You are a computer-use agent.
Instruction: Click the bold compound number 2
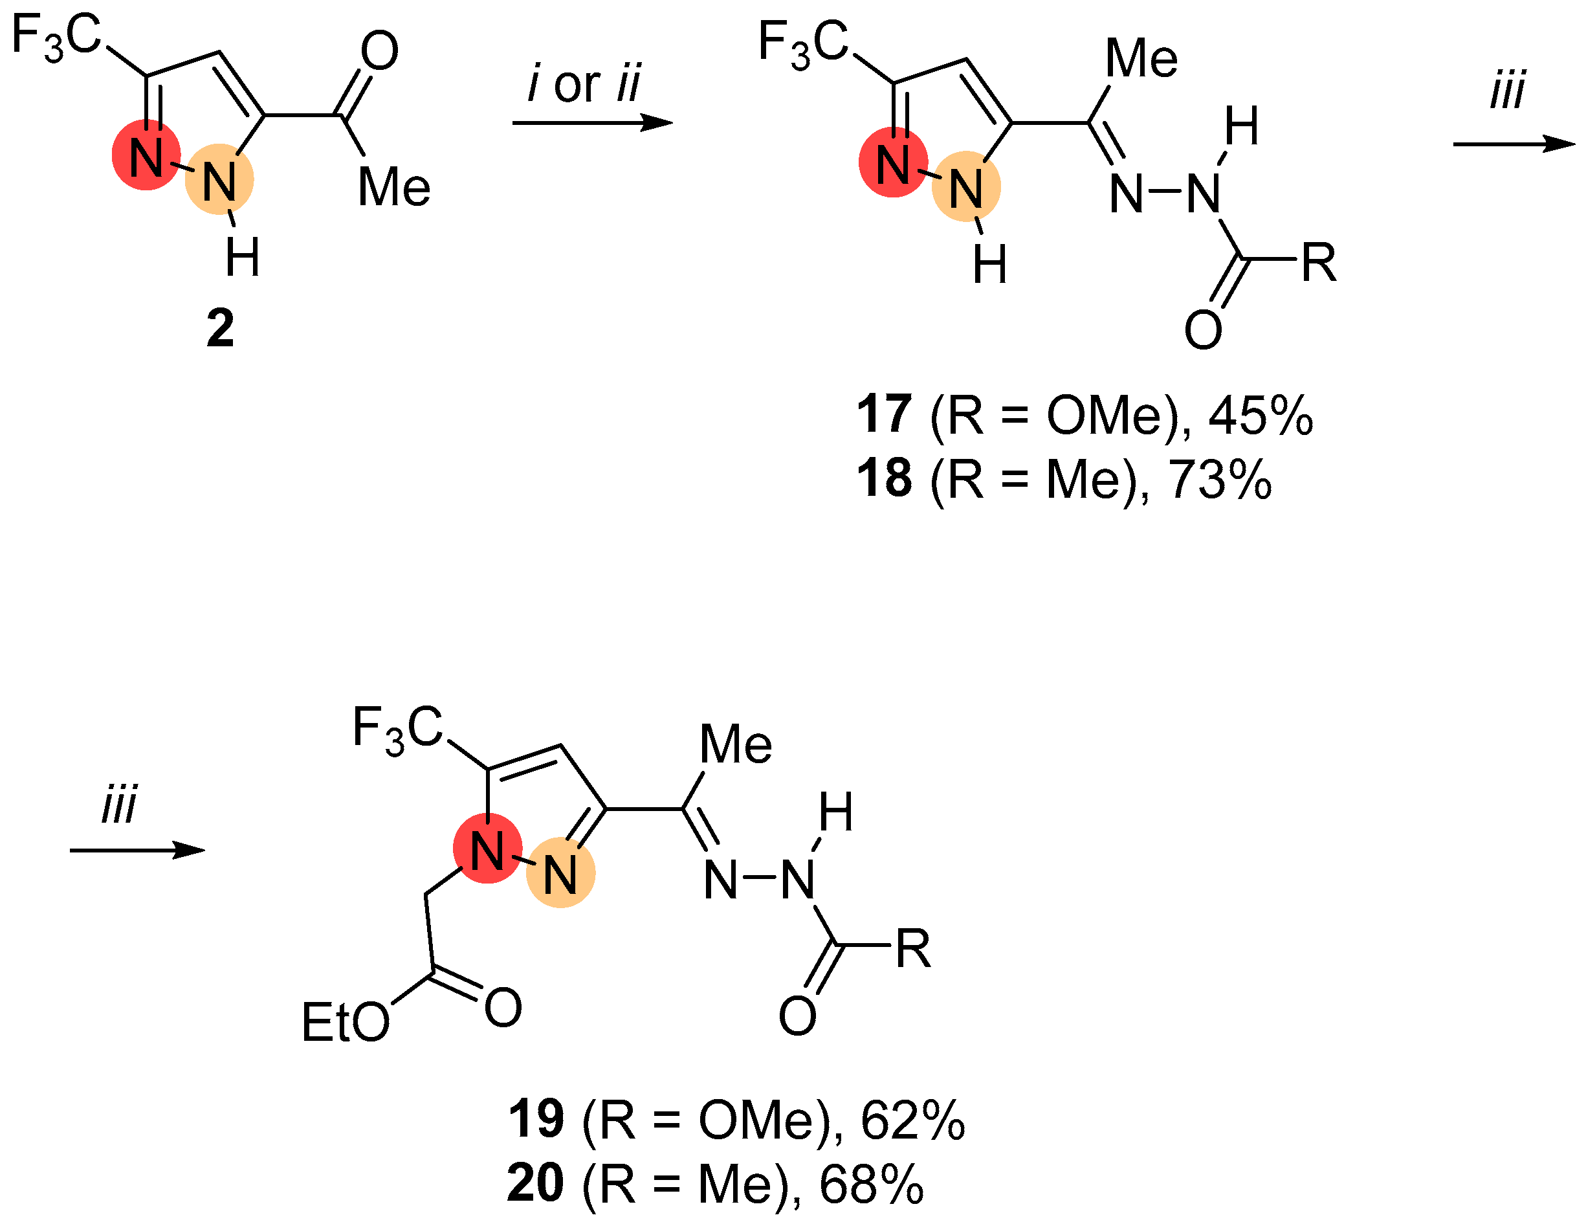click(220, 328)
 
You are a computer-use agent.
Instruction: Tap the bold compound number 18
click(884, 479)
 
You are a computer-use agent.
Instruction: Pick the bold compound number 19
click(535, 1119)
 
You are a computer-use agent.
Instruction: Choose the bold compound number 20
click(535, 1183)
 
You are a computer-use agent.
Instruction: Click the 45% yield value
click(1261, 416)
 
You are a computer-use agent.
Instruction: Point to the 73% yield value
click(1220, 480)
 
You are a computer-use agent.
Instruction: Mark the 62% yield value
click(913, 1121)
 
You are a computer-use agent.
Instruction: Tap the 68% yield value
click(872, 1185)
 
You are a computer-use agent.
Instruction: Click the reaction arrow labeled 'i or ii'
click(592, 123)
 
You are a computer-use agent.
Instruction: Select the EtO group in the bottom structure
click(345, 1023)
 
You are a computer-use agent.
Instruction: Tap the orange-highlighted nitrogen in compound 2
click(219, 179)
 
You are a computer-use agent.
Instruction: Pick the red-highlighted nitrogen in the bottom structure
click(487, 849)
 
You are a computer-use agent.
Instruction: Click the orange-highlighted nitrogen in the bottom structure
click(560, 873)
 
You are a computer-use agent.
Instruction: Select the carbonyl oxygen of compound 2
click(379, 51)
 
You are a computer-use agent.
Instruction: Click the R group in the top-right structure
click(1319, 262)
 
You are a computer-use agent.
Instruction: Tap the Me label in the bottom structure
click(735, 744)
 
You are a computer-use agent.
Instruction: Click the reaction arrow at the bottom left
click(137, 851)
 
